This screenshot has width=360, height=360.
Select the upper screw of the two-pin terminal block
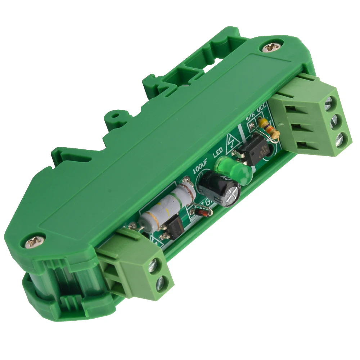tap(157, 265)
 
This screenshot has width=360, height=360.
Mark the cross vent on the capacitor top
tap(231, 195)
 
